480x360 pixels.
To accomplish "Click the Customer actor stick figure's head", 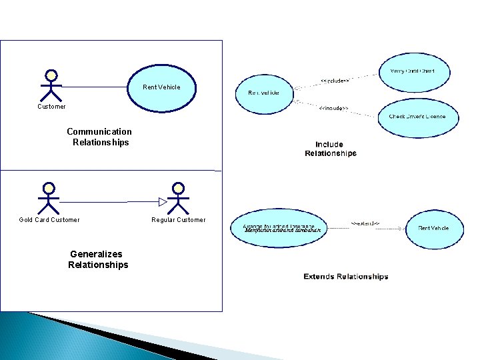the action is point(51,75).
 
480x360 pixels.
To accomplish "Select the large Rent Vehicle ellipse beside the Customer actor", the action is point(161,87).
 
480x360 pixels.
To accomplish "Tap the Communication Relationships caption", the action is point(99,137).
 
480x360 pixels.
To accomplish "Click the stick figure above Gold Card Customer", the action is point(49,197).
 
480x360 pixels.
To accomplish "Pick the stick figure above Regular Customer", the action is point(178,197).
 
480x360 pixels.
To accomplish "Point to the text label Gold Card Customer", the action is point(49,220).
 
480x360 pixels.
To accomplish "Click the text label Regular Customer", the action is point(179,220).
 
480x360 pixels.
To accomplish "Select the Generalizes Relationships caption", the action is point(98,259).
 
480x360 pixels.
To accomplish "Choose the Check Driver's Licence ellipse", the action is point(417,117).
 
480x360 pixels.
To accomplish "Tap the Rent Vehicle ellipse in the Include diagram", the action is point(264,93).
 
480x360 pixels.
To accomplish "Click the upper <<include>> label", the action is point(335,81).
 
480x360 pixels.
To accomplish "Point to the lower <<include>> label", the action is point(333,108).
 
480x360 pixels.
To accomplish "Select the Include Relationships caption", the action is point(331,149).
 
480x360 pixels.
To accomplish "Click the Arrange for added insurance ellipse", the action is point(280,229).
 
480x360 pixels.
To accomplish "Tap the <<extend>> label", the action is point(365,223).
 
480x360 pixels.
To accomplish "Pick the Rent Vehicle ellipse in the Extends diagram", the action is point(433,229).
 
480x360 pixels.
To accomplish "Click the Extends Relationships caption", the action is point(345,276).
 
